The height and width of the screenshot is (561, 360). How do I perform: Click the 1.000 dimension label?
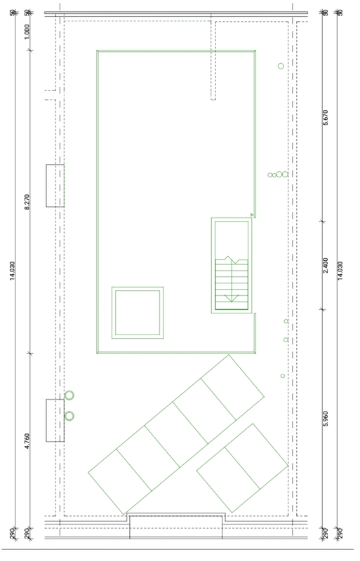tap(27, 32)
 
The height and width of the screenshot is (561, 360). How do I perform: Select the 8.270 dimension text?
tap(27, 202)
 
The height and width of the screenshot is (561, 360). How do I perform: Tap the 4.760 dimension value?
tap(27, 441)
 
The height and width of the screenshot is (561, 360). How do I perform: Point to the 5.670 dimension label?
tap(325, 117)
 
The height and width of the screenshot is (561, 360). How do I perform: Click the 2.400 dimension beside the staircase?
tap(325, 265)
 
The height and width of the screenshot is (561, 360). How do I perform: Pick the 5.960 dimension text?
tap(325, 419)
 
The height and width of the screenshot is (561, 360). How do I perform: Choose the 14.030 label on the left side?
tap(13, 271)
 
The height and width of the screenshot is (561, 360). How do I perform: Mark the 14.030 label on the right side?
tap(340, 271)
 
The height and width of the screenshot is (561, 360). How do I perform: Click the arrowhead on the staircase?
tap(232, 297)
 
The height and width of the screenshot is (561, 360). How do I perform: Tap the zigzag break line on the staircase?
tap(232, 259)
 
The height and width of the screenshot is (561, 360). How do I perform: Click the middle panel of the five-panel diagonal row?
tap(176, 435)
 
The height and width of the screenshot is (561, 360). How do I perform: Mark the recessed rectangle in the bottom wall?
tap(176, 526)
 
